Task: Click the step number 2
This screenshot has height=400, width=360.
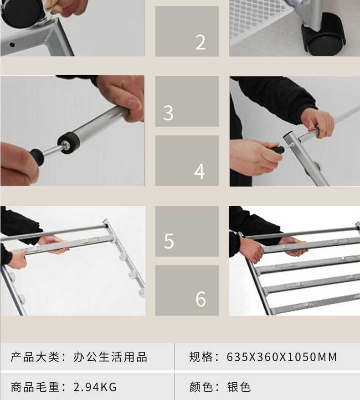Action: (x=201, y=42)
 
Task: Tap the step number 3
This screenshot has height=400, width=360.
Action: (x=168, y=113)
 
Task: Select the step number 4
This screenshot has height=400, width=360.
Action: (x=200, y=171)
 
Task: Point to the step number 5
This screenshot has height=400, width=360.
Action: (x=169, y=241)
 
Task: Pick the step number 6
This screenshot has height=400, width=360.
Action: (x=201, y=299)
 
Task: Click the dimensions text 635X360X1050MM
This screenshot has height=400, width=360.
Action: (x=282, y=357)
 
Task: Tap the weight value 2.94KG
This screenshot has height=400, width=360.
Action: (x=95, y=387)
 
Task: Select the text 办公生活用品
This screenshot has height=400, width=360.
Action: (x=110, y=357)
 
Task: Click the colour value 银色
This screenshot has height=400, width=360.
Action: (x=239, y=387)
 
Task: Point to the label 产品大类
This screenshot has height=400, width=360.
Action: (x=35, y=357)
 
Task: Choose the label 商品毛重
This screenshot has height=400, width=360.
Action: (x=35, y=387)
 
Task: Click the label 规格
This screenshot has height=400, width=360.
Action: (x=201, y=357)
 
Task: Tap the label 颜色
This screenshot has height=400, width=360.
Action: (x=201, y=387)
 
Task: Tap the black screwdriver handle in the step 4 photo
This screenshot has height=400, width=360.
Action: (x=278, y=150)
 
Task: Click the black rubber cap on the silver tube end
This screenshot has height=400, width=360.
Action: (x=68, y=143)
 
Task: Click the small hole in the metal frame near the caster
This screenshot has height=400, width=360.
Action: (x=12, y=45)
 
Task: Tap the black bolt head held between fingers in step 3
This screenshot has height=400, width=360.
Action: (x=37, y=156)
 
